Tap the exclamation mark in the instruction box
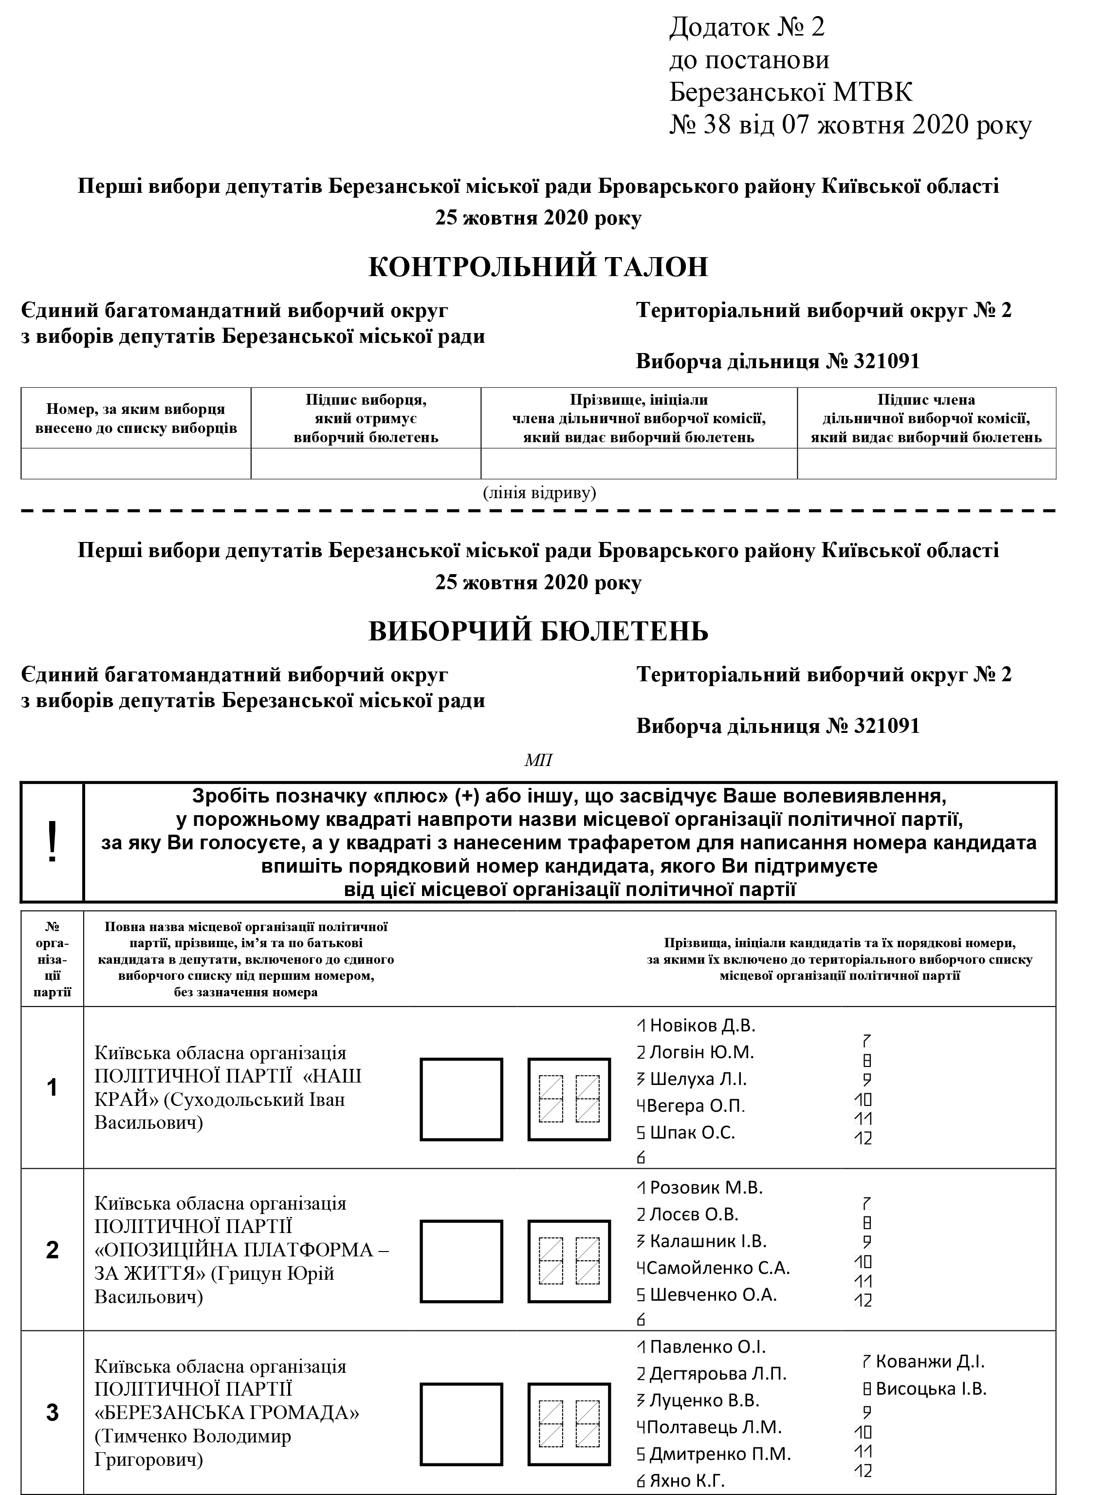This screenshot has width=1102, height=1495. pyautogui.click(x=52, y=842)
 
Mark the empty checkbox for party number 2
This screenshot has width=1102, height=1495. pyautogui.click(x=461, y=1261)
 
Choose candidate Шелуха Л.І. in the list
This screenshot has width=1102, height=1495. pyautogui.click(x=698, y=1079)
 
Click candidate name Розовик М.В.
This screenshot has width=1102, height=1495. pyautogui.click(x=706, y=1188)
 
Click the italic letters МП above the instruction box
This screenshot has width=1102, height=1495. pyautogui.click(x=538, y=760)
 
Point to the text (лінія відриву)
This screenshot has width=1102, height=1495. pyautogui.click(x=539, y=493)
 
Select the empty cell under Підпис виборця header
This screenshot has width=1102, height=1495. pyautogui.click(x=366, y=463)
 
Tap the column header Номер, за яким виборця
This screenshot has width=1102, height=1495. pyautogui.click(x=135, y=409)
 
